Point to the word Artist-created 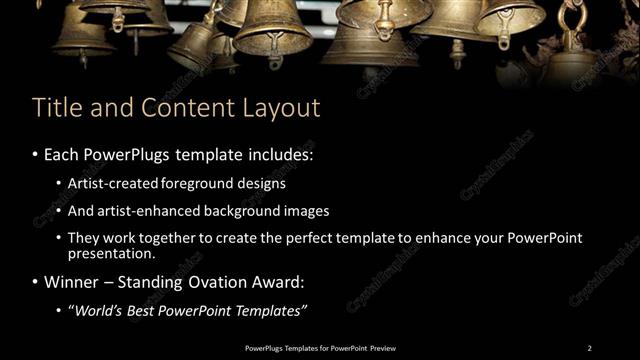point(109,184)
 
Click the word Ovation point(209,282)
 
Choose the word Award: point(270,282)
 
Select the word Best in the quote point(141,310)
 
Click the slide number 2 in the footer point(589,347)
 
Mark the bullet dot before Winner point(35,282)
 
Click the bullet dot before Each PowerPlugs point(35,157)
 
